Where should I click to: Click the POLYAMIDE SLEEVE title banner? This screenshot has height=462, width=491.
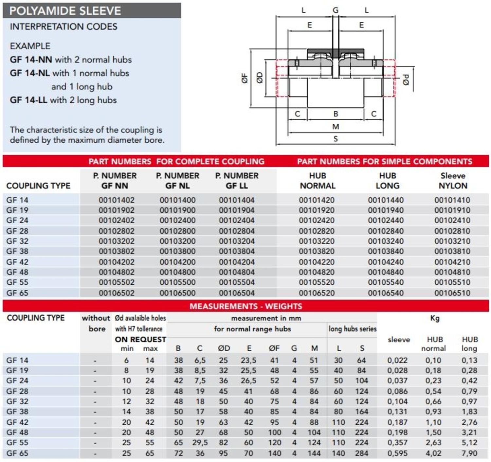(x=65, y=11)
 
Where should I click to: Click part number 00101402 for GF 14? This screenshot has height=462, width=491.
(x=117, y=200)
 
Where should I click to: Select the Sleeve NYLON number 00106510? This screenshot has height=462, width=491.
(x=452, y=293)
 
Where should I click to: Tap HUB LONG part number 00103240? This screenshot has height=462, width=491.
(x=386, y=241)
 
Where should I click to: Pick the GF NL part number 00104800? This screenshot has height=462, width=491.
(x=177, y=272)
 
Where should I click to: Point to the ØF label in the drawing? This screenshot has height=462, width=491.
(x=245, y=78)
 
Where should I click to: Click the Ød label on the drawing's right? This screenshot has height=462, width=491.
(x=406, y=80)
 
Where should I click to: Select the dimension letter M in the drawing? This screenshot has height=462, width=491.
(x=336, y=127)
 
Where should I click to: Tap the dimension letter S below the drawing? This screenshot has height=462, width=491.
(x=336, y=139)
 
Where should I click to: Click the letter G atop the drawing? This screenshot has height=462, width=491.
(x=336, y=10)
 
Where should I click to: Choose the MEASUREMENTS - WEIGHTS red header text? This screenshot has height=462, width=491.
(x=246, y=306)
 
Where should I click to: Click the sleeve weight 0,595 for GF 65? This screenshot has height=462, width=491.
(x=397, y=453)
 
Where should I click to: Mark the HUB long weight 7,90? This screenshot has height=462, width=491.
(x=469, y=453)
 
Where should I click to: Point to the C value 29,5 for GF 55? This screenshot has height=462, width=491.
(x=200, y=442)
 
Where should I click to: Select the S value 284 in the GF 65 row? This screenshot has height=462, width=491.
(x=362, y=453)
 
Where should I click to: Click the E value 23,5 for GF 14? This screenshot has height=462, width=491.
(x=248, y=360)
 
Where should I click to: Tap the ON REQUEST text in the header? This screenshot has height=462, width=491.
(x=140, y=339)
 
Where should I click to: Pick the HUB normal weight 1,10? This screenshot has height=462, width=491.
(x=433, y=422)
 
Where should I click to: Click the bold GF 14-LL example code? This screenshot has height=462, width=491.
(x=28, y=100)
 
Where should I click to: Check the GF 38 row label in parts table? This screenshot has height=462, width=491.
(x=17, y=251)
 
